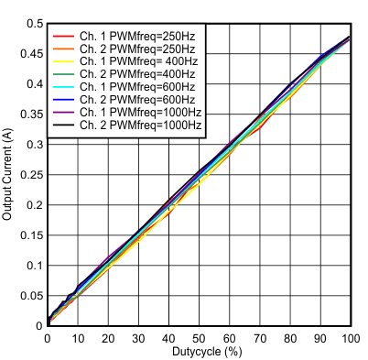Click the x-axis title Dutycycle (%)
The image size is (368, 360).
click(x=199, y=352)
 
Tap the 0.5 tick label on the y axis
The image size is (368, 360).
click(x=34, y=24)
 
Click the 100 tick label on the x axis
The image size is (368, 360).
click(x=349, y=339)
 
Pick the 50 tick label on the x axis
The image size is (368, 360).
click(x=199, y=339)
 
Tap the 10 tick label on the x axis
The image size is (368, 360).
click(x=78, y=339)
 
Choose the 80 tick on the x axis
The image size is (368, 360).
click(x=289, y=339)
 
